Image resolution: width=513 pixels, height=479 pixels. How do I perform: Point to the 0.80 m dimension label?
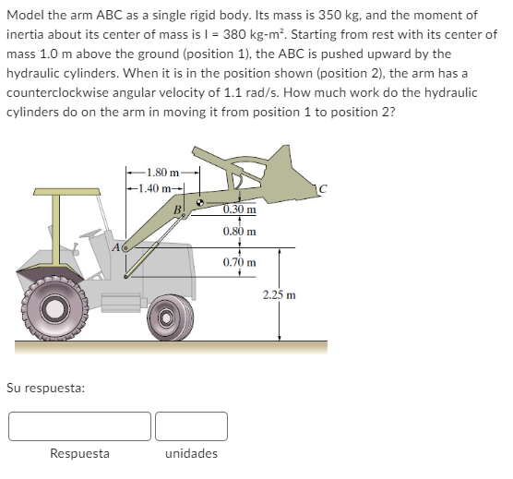[x=239, y=231]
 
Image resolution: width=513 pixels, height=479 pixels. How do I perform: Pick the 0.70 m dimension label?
[x=239, y=263]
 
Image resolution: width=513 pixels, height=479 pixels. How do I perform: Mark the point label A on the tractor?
[x=113, y=247]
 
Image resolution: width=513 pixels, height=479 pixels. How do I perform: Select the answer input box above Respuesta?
[x=79, y=425]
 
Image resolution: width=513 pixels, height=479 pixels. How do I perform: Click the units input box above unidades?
[x=191, y=425]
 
